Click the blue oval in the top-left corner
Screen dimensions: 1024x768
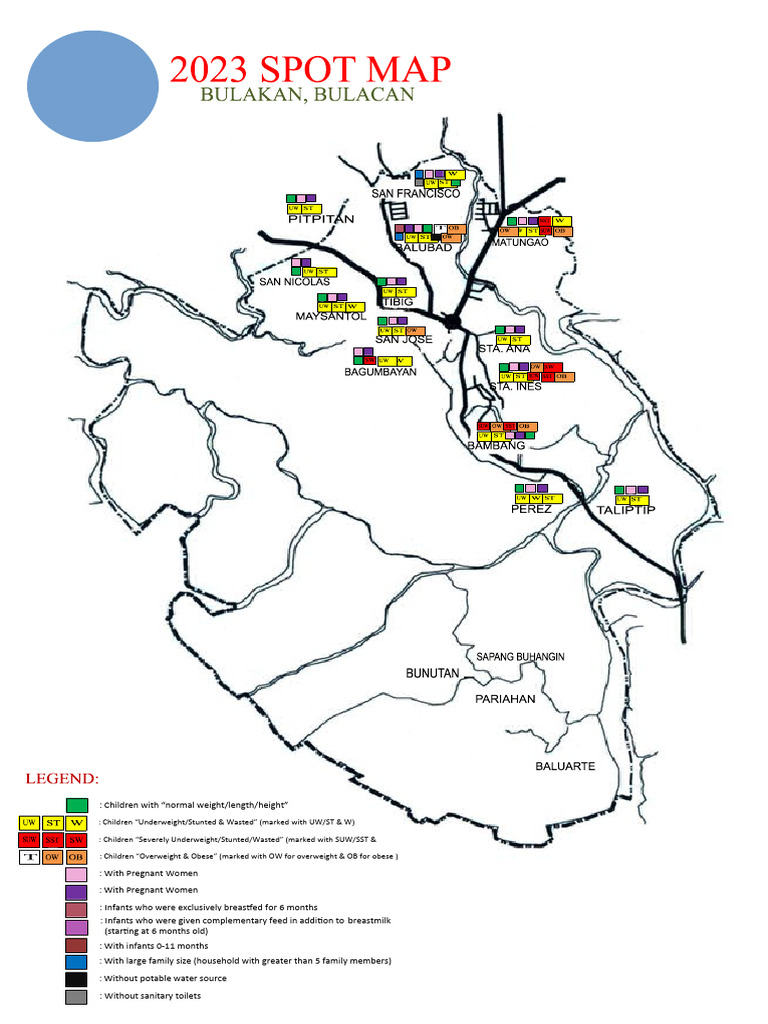(92, 85)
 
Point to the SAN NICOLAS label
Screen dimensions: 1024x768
(294, 282)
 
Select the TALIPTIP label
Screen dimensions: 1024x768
(625, 510)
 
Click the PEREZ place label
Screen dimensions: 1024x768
(531, 509)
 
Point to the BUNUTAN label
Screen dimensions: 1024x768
(432, 673)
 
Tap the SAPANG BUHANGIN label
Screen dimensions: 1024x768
(520, 656)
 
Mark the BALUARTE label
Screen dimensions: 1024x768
(565, 766)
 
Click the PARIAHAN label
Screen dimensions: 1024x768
(505, 699)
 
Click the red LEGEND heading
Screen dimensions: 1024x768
(62, 778)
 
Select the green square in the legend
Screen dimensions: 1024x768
(77, 805)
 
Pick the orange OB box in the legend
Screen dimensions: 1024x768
(77, 856)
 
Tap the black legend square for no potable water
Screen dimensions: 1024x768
(77, 978)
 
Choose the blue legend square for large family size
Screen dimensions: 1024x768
(77, 961)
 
